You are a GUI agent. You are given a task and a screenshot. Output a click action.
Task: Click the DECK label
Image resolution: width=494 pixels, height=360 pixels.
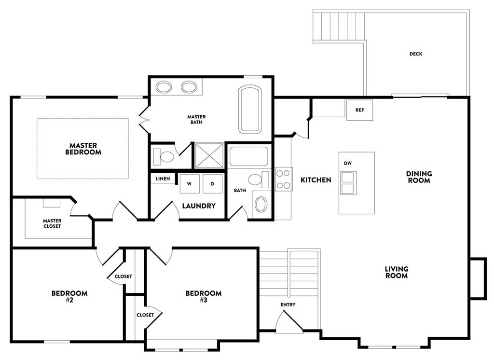coord(415,54)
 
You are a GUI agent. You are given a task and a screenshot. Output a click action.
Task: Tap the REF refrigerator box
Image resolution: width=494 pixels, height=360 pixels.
coord(359,110)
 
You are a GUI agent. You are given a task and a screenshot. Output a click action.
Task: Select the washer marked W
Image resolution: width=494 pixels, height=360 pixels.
coord(189,183)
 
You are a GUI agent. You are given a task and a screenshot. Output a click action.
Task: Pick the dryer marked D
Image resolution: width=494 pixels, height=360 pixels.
coord(212,183)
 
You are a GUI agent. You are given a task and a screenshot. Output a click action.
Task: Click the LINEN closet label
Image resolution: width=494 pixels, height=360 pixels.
coord(163,179)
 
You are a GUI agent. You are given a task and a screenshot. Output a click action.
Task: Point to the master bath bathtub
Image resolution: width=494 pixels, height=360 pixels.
coord(250,109)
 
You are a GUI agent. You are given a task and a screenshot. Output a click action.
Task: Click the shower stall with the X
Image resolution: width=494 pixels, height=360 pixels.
coord(209,155)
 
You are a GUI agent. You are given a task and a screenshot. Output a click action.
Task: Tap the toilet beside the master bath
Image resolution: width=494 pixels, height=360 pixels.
coord(164,156)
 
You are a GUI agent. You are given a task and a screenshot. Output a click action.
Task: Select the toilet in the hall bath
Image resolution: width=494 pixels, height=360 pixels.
coord(259,180)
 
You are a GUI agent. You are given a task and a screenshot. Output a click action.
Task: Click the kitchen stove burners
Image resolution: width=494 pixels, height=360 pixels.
coord(283,179)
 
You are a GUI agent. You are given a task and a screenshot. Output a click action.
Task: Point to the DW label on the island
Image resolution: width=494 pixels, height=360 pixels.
coord(348,163)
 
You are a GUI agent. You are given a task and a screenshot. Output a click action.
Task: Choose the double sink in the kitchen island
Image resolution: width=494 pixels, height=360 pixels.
coord(348,183)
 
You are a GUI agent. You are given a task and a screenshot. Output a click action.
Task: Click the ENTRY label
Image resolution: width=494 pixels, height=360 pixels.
coord(288,305)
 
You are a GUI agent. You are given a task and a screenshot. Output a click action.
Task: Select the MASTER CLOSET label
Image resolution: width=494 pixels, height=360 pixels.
coord(52,223)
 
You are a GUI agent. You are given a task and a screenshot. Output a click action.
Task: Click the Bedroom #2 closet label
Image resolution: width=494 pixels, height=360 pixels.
coord(123,277)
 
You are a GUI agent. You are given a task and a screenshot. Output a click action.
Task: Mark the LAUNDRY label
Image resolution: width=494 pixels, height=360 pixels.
coord(199,206)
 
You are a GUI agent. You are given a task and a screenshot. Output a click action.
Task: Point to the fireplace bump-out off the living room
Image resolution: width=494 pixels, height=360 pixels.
coord(478,278)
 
